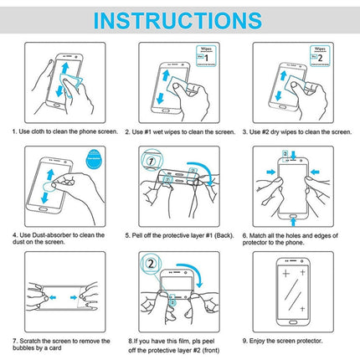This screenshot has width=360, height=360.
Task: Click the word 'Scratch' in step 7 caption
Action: pos(32,341)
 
